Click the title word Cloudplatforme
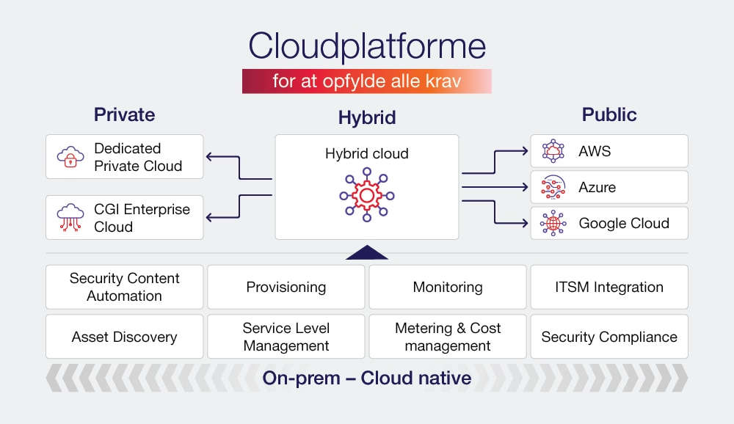tap(367, 46)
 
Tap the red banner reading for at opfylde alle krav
tap(367, 81)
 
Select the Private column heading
tap(124, 114)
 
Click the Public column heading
tap(609, 114)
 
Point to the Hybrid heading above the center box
tap(367, 117)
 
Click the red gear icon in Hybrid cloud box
tap(366, 195)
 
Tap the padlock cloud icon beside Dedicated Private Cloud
tap(70, 156)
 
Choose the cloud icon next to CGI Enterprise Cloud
tap(70, 218)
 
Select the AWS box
tap(609, 151)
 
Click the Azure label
tap(597, 188)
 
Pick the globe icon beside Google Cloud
tap(553, 223)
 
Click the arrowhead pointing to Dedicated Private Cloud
tap(211, 156)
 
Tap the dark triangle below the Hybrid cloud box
tap(366, 253)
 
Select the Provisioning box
tap(286, 287)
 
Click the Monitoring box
tap(447, 287)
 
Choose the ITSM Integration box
tap(609, 287)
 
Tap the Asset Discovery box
tap(124, 337)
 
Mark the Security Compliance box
tap(609, 337)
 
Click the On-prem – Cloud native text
tap(367, 379)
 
